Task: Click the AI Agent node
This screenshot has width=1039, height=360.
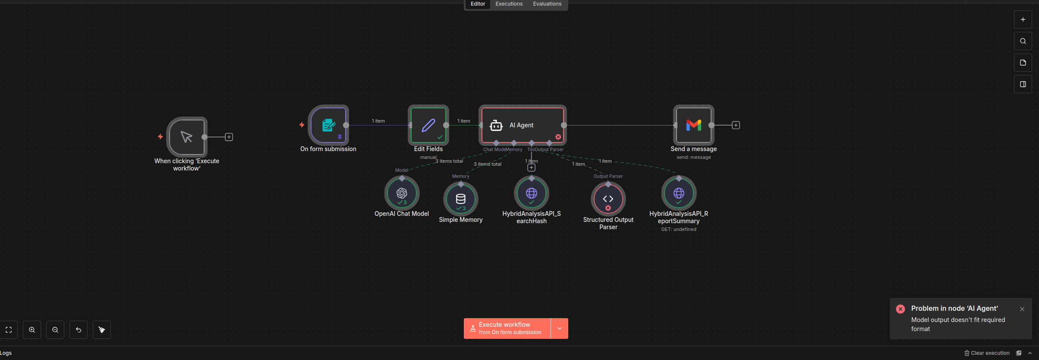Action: click(x=522, y=125)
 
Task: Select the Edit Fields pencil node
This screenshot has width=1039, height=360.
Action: click(x=428, y=125)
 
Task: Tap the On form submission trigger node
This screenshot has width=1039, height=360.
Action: click(x=328, y=125)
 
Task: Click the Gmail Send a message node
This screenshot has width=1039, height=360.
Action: click(x=693, y=125)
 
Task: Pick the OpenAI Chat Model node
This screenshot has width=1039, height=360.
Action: click(x=402, y=193)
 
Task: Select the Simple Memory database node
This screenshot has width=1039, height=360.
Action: click(x=461, y=199)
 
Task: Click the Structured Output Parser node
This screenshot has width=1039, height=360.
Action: click(x=608, y=199)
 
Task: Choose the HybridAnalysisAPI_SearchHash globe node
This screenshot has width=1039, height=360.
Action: click(x=532, y=193)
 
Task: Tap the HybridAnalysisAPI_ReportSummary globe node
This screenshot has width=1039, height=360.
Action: click(x=679, y=193)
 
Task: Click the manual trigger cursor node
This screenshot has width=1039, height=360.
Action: click(x=187, y=137)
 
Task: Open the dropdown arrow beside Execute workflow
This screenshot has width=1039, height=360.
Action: click(x=560, y=328)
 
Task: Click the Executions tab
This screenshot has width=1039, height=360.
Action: click(x=509, y=4)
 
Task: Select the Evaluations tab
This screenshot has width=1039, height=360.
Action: click(x=547, y=4)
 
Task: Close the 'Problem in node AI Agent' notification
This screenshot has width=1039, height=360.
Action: click(x=1022, y=309)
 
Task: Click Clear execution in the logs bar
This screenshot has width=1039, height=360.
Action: click(x=987, y=353)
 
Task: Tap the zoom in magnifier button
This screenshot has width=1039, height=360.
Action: click(x=32, y=330)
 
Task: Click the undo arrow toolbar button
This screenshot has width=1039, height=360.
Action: click(x=79, y=330)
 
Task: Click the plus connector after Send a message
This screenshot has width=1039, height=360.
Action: click(x=736, y=125)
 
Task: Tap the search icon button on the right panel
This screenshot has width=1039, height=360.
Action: click(x=1023, y=41)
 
